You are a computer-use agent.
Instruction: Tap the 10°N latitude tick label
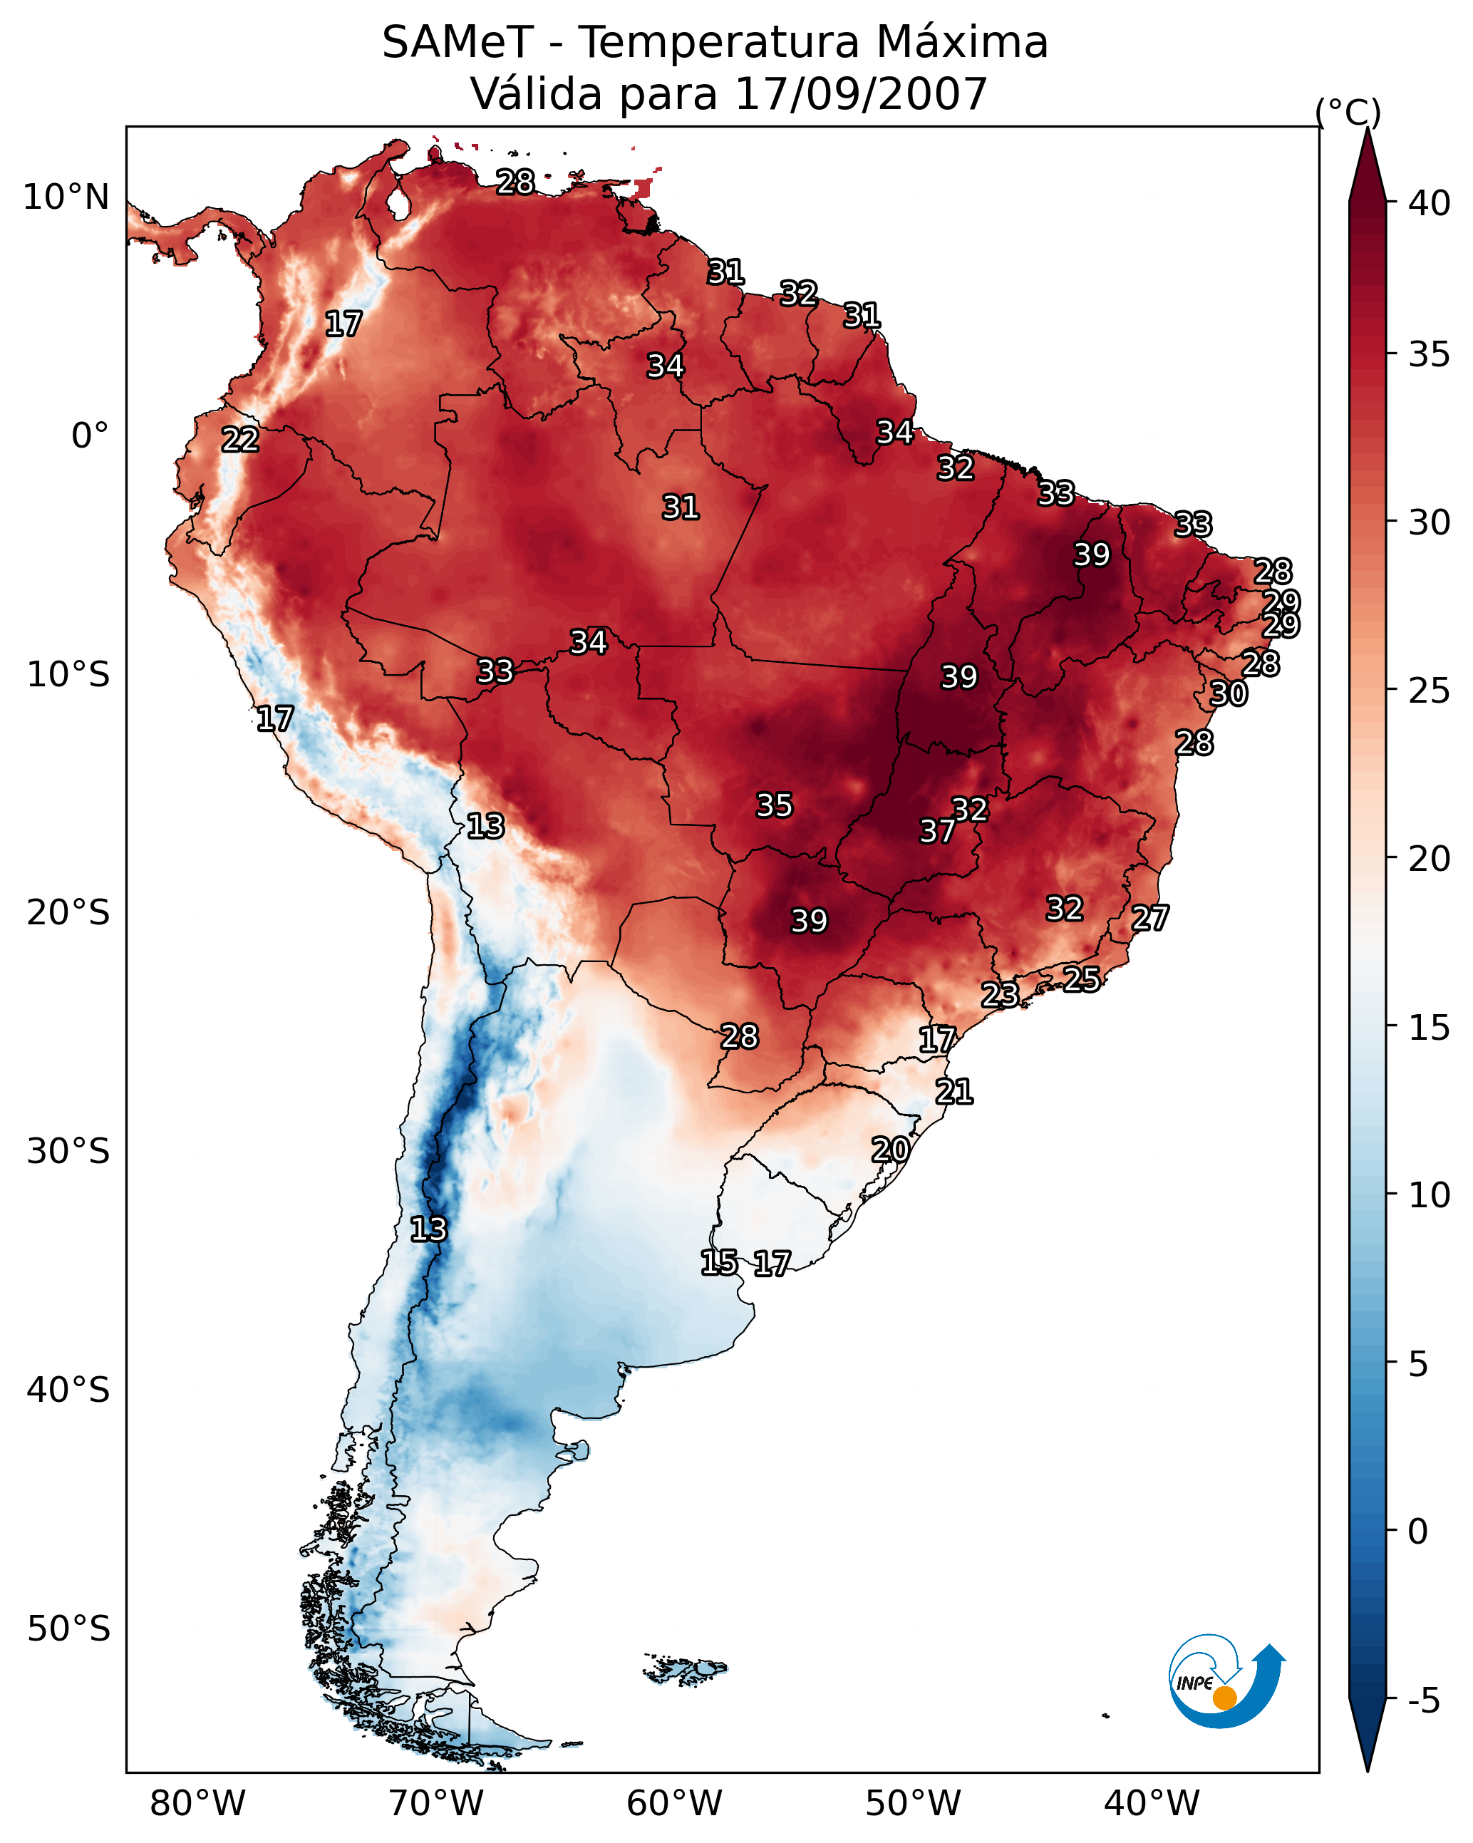pyautogui.click(x=66, y=197)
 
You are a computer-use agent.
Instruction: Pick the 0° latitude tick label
pyautogui.click(x=91, y=436)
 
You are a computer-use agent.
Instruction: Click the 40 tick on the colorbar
pyautogui.click(x=1430, y=203)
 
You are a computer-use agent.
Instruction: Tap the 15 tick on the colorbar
pyautogui.click(x=1430, y=1028)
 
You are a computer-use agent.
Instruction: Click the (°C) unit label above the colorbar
pyautogui.click(x=1348, y=112)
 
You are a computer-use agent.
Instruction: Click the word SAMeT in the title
pyautogui.click(x=458, y=42)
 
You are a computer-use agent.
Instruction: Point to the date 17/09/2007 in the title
pyautogui.click(x=861, y=93)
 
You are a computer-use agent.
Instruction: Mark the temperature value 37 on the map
pyautogui.click(x=938, y=831)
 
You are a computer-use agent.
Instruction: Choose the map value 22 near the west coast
pyautogui.click(x=240, y=440)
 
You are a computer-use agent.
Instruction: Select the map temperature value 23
pyautogui.click(x=999, y=994)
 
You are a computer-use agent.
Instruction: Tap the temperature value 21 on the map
pyautogui.click(x=954, y=1092)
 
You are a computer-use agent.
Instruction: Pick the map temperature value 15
pyautogui.click(x=719, y=1263)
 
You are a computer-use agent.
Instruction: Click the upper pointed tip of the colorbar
pyautogui.click(x=1368, y=128)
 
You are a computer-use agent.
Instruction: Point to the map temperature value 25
pyautogui.click(x=1082, y=979)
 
